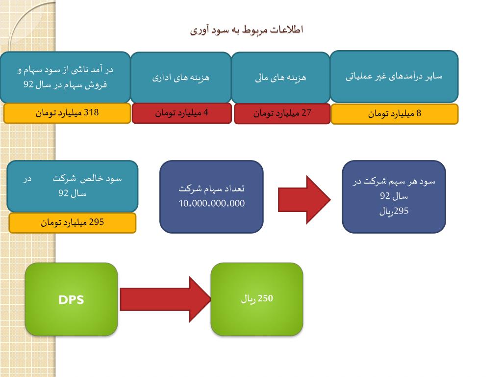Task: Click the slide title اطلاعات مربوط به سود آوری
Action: coord(247,30)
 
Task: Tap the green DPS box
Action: coord(71,299)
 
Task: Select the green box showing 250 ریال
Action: coord(257,299)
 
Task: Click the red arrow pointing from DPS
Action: coord(165,299)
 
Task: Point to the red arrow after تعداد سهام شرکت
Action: coord(304,200)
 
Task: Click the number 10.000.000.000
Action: coord(211,204)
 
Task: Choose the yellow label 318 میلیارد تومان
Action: coord(67,113)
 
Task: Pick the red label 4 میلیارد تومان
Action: coord(181,113)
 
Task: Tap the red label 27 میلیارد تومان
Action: coord(282,114)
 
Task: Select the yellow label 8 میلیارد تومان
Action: coord(395,114)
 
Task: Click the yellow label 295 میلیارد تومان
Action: coord(72,223)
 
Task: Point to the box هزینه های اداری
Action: coord(180,78)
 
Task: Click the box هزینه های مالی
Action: coord(280,78)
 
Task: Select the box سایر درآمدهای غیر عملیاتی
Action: coord(394,76)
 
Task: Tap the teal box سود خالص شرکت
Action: coord(72,186)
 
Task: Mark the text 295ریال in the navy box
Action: coord(394,212)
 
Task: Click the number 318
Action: coord(91,112)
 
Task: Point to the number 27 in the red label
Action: coord(306,113)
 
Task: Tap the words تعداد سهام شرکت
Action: coord(211,188)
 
